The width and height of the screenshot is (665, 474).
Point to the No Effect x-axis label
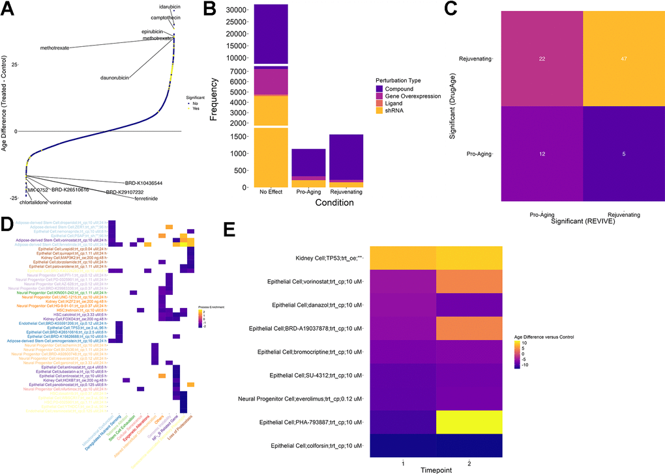(x=271, y=193)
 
